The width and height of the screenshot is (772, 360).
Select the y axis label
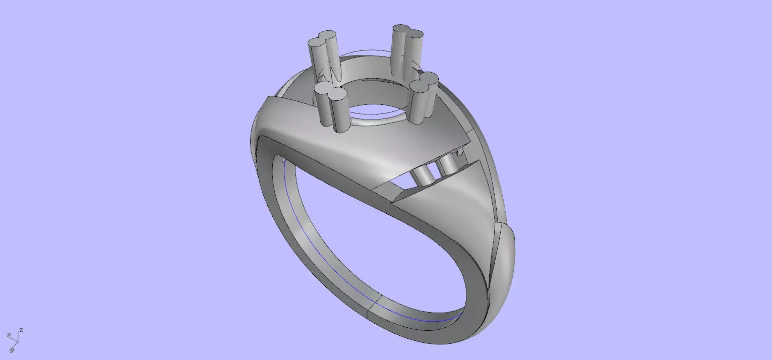point(11,349)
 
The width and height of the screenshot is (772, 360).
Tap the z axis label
point(21,330)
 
